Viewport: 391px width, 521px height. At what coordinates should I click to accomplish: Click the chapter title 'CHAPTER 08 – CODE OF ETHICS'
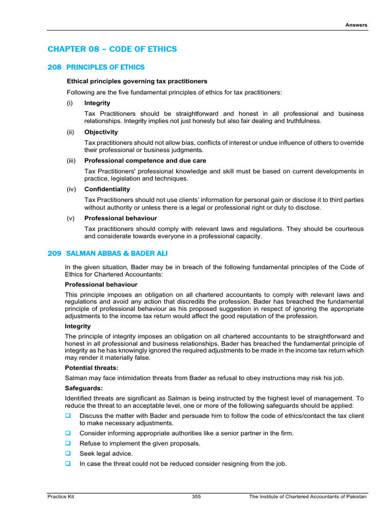[112, 49]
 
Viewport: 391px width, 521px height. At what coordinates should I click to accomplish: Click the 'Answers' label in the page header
[356, 25]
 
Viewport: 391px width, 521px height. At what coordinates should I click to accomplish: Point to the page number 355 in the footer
[197, 497]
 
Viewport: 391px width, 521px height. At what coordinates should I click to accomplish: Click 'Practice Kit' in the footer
[61, 497]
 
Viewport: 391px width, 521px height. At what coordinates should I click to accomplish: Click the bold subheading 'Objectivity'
[101, 132]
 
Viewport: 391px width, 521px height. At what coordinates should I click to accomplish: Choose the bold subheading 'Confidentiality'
[107, 189]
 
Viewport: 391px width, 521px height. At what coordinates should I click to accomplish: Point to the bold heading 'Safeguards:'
[83, 387]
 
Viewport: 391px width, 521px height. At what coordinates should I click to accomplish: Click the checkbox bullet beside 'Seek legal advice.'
[68, 453]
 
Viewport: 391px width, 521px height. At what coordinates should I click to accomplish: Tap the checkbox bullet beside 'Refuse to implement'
[68, 443]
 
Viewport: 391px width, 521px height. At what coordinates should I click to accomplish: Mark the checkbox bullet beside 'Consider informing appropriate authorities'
[68, 432]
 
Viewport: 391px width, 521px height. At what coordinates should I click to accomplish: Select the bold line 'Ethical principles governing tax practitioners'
[137, 81]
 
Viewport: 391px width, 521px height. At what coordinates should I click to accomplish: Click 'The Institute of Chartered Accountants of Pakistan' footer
[308, 497]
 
